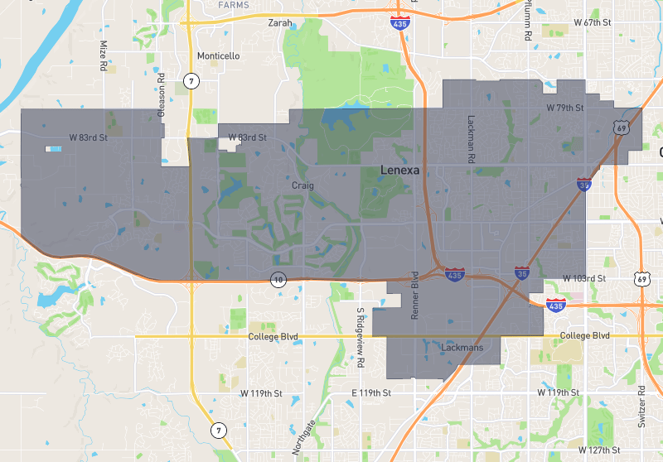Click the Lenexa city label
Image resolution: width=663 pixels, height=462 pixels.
(x=399, y=170)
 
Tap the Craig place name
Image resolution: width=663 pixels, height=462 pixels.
(x=302, y=185)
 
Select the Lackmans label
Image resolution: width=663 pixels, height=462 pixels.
(x=462, y=349)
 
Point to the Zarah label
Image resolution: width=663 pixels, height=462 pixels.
(x=280, y=23)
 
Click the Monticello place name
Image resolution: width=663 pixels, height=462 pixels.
(x=218, y=56)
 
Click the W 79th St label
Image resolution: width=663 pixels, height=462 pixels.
(x=565, y=108)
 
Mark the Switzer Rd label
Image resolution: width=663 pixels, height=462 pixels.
(x=641, y=406)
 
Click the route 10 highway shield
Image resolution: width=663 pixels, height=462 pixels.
(x=278, y=282)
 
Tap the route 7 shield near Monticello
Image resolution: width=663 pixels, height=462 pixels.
(x=191, y=80)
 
